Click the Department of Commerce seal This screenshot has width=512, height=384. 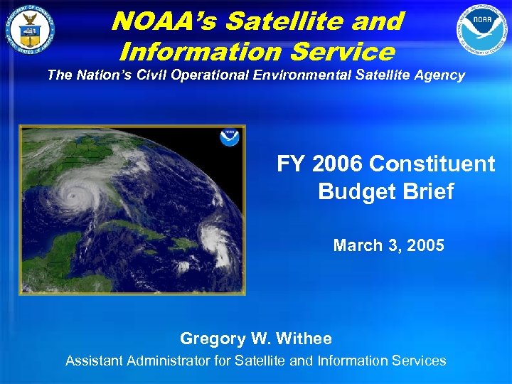[x=30, y=31]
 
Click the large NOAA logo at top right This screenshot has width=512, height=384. [x=483, y=31]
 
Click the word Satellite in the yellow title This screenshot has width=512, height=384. [x=311, y=21]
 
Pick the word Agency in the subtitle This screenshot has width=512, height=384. [x=441, y=75]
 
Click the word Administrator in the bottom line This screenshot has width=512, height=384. [x=169, y=361]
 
